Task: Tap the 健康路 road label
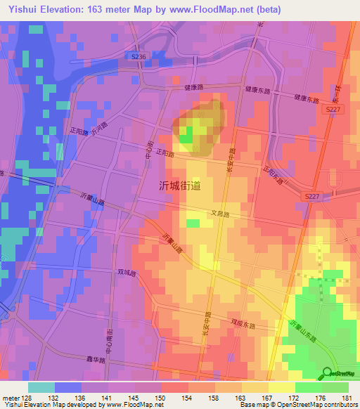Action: (x=193, y=88)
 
